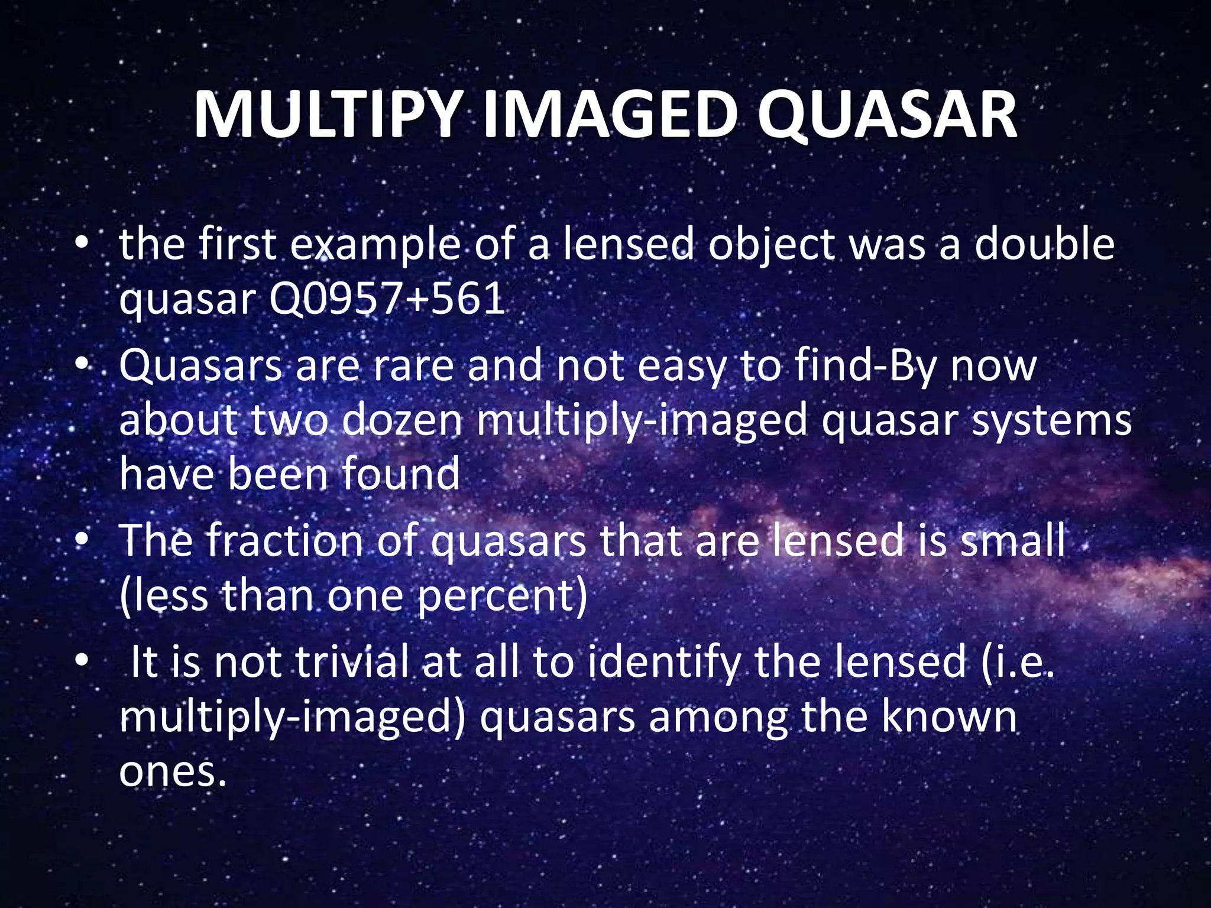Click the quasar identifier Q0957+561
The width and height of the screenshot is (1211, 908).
387,299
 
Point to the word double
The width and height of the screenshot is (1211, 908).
1044,244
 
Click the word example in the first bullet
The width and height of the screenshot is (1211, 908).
376,245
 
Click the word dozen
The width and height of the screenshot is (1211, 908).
401,420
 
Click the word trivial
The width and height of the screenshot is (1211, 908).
352,662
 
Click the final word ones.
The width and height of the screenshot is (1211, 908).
173,771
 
